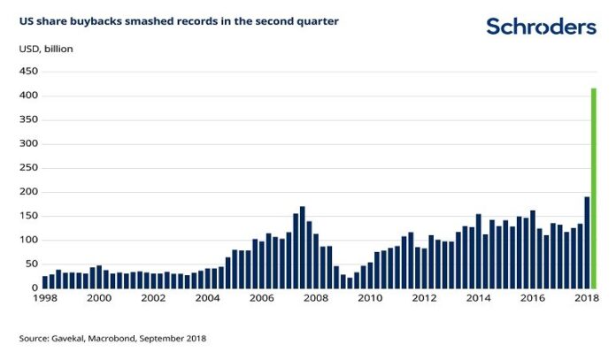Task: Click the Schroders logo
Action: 541,27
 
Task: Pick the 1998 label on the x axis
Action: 45,299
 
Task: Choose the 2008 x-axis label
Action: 316,299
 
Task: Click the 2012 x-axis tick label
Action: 424,299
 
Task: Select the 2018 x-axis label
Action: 587,299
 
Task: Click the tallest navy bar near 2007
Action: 303,247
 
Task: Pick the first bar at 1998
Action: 45,282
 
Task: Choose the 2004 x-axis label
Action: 208,299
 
